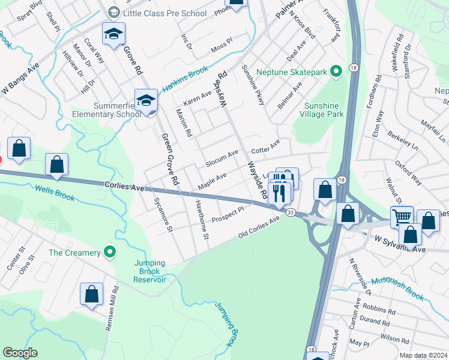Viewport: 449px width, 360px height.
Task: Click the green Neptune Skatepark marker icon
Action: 336,72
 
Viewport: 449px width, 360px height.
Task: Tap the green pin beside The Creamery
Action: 109,253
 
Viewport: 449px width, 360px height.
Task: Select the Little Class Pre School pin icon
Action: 113,12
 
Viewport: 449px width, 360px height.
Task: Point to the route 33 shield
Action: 290,213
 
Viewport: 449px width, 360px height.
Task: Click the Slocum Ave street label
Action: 221,159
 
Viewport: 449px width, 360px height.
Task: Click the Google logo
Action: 20,353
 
